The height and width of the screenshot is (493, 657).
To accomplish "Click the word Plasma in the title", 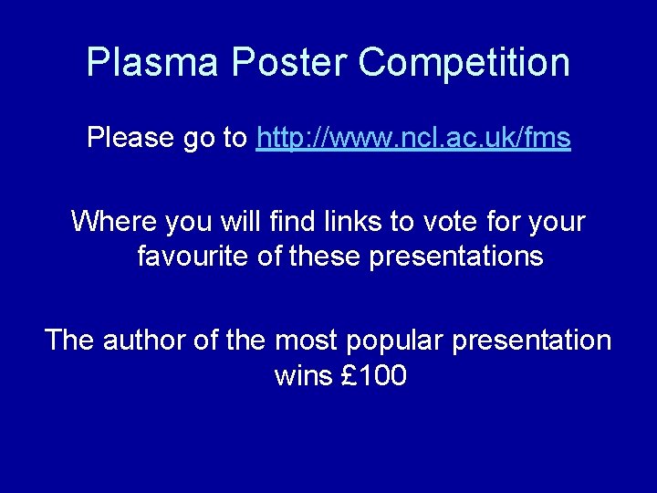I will click(x=152, y=63).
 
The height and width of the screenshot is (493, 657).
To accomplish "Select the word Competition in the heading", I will click(x=464, y=63).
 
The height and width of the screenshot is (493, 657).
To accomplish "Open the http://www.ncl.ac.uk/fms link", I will click(x=414, y=138).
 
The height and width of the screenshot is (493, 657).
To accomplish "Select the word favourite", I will click(x=193, y=257).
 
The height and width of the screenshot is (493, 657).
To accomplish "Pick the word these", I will click(x=326, y=257).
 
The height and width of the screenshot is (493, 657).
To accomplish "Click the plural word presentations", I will click(x=456, y=257).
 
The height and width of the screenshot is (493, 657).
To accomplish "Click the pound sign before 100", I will click(x=349, y=375).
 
